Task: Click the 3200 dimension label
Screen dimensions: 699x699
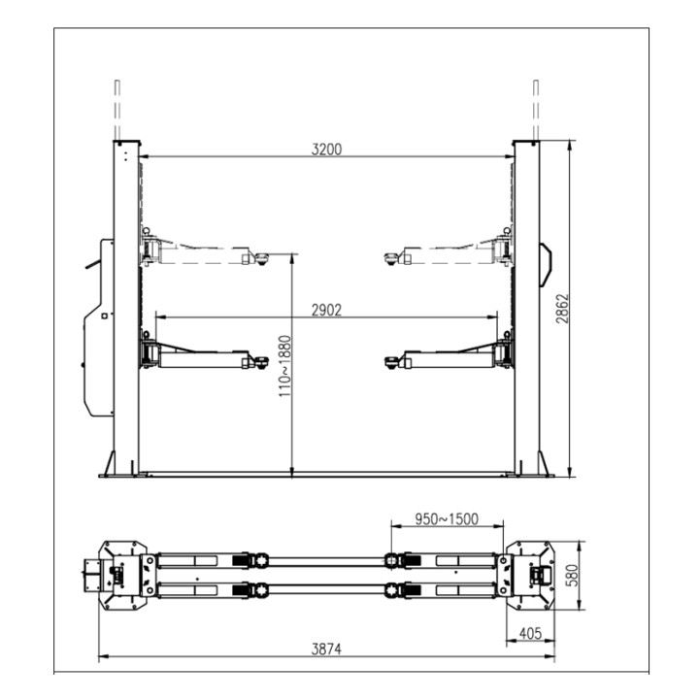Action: [326, 149]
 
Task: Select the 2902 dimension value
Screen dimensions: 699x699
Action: [326, 310]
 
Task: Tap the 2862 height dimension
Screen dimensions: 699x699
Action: [562, 309]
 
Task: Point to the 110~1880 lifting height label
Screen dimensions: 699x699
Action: [284, 366]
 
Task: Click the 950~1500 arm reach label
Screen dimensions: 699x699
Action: [447, 518]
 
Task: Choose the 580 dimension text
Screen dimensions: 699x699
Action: [574, 575]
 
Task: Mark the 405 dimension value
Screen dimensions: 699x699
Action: [530, 633]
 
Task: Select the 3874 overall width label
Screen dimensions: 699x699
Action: [326, 649]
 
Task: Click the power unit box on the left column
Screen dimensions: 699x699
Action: [99, 328]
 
